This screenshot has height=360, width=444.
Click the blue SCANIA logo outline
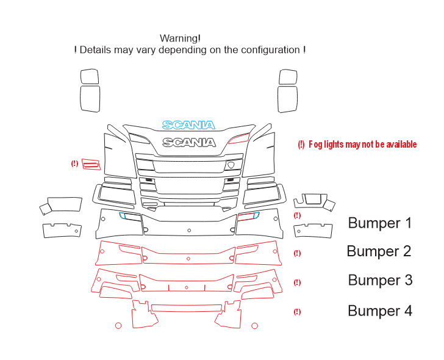click(x=188, y=125)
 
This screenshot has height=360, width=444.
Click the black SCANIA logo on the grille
click(x=189, y=142)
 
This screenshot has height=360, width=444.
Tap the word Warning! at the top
click(x=180, y=38)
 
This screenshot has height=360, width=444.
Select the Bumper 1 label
click(x=380, y=223)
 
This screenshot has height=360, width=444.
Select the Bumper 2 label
click(x=379, y=251)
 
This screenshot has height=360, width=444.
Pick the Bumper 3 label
click(x=380, y=280)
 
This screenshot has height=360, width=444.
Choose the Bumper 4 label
click(x=380, y=311)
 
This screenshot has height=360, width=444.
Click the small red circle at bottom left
click(x=118, y=326)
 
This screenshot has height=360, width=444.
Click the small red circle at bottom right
click(x=254, y=326)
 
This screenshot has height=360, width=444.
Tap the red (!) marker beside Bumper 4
click(x=297, y=312)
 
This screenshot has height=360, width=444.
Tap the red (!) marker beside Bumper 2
click(x=297, y=253)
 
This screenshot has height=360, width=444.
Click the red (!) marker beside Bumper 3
click(x=297, y=283)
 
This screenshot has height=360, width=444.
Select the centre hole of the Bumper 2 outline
click(x=188, y=259)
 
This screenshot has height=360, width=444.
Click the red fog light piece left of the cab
click(x=91, y=164)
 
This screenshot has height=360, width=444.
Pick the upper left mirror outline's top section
click(x=90, y=76)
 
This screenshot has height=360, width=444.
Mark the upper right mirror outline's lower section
click(x=287, y=99)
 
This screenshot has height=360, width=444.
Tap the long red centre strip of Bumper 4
click(x=187, y=308)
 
